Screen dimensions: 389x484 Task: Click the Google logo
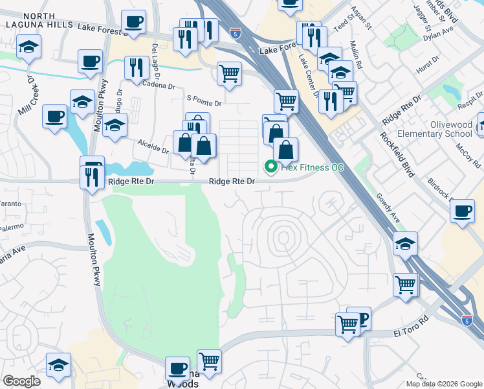coord(21,381)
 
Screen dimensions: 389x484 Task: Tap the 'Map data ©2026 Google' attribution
coord(444,384)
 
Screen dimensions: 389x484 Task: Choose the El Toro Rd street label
coord(412,333)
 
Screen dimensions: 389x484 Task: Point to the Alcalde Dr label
coord(153,146)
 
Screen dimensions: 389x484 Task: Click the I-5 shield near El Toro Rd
coord(467,320)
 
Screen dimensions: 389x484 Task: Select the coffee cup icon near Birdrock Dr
coord(463,211)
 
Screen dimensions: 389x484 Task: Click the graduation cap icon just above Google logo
coord(58,364)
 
